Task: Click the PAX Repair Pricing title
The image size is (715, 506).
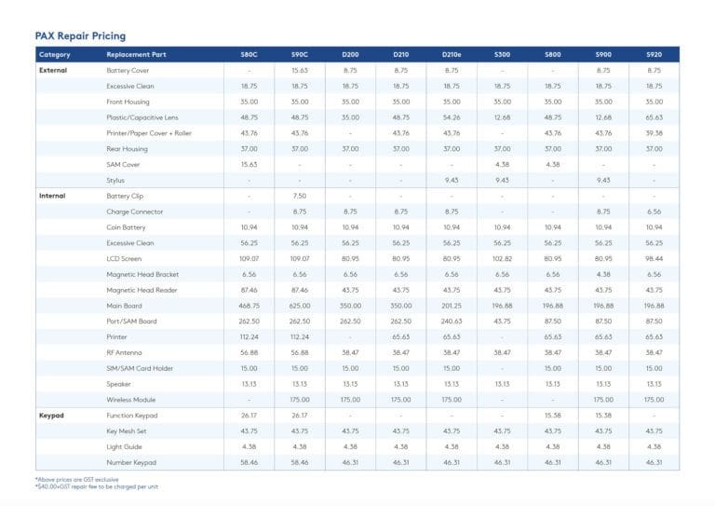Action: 80,35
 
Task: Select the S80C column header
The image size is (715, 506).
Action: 249,55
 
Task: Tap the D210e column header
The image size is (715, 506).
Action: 452,55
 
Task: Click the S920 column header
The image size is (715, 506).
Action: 654,55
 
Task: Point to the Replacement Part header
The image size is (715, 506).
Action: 137,55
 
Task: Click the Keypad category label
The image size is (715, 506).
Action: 52,416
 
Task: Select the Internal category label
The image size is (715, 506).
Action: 53,196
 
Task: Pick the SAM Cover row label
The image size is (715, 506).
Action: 124,165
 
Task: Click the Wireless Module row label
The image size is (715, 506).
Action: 132,400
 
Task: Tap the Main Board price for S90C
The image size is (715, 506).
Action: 300,306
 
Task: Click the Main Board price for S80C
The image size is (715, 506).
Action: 249,306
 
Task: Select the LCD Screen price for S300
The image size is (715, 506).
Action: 502,259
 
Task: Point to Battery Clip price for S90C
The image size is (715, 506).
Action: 300,196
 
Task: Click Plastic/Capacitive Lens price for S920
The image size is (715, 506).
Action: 654,117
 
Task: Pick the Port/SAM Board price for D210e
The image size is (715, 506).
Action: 452,321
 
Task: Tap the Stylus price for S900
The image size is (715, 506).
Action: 603,180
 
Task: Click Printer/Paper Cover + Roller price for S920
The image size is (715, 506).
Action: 654,133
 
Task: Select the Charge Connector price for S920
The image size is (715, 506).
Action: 654,212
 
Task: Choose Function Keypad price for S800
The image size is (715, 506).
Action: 552,416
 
